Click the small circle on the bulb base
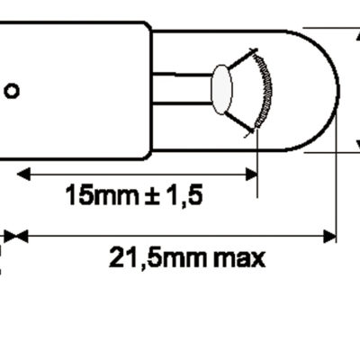12,91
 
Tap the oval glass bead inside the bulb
221,89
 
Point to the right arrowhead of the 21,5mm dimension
328,236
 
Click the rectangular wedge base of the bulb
72,89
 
